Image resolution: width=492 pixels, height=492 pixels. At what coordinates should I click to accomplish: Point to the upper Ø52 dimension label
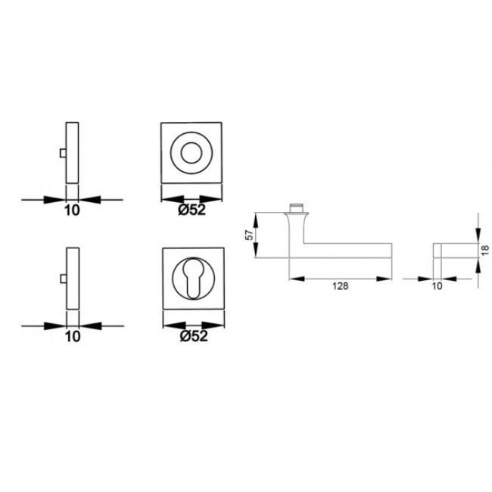pos(194,210)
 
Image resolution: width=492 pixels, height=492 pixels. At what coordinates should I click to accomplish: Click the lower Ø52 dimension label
pos(194,338)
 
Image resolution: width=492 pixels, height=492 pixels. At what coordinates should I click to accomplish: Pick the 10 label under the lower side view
pos(72,338)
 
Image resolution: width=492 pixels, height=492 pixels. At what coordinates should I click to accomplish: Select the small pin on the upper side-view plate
pos(61,154)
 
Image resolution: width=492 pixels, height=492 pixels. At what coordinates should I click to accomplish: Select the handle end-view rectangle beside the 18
pos(452,251)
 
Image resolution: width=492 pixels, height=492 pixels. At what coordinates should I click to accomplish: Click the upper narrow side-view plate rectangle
pos(72,152)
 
